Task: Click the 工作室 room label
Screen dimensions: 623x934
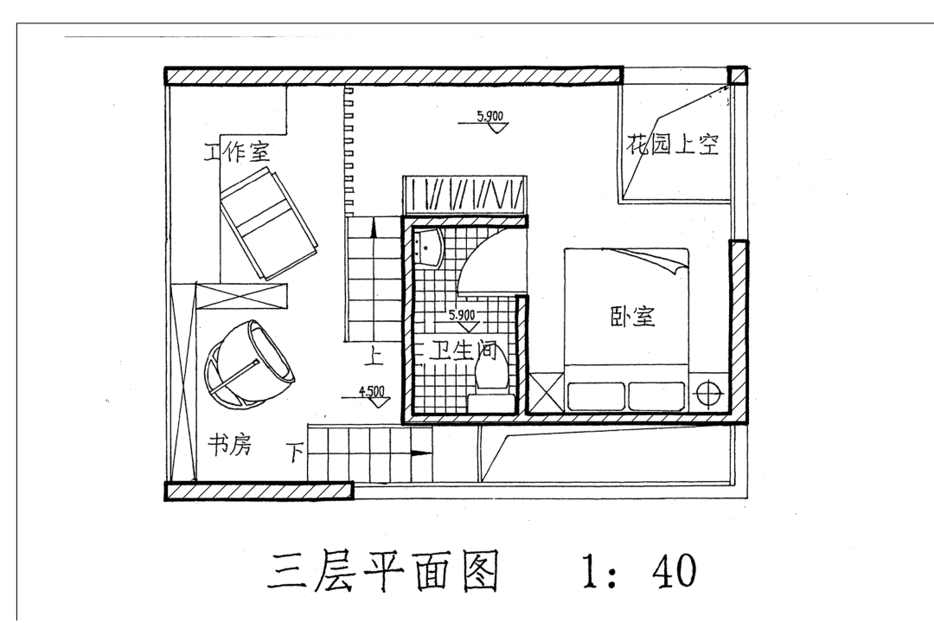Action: tap(237, 153)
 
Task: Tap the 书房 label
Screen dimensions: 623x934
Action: tap(228, 446)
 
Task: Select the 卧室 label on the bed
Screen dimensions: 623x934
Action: tap(632, 317)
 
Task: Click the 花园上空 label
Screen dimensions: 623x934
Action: tap(673, 144)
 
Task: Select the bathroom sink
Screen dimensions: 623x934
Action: tap(428, 246)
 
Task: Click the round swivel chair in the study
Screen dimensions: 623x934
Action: tap(247, 364)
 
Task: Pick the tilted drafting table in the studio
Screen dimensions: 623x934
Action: tap(268, 222)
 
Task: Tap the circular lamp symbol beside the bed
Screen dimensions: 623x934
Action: tap(709, 395)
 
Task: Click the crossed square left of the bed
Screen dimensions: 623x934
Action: tap(546, 394)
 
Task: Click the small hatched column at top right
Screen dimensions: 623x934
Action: tap(737, 74)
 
